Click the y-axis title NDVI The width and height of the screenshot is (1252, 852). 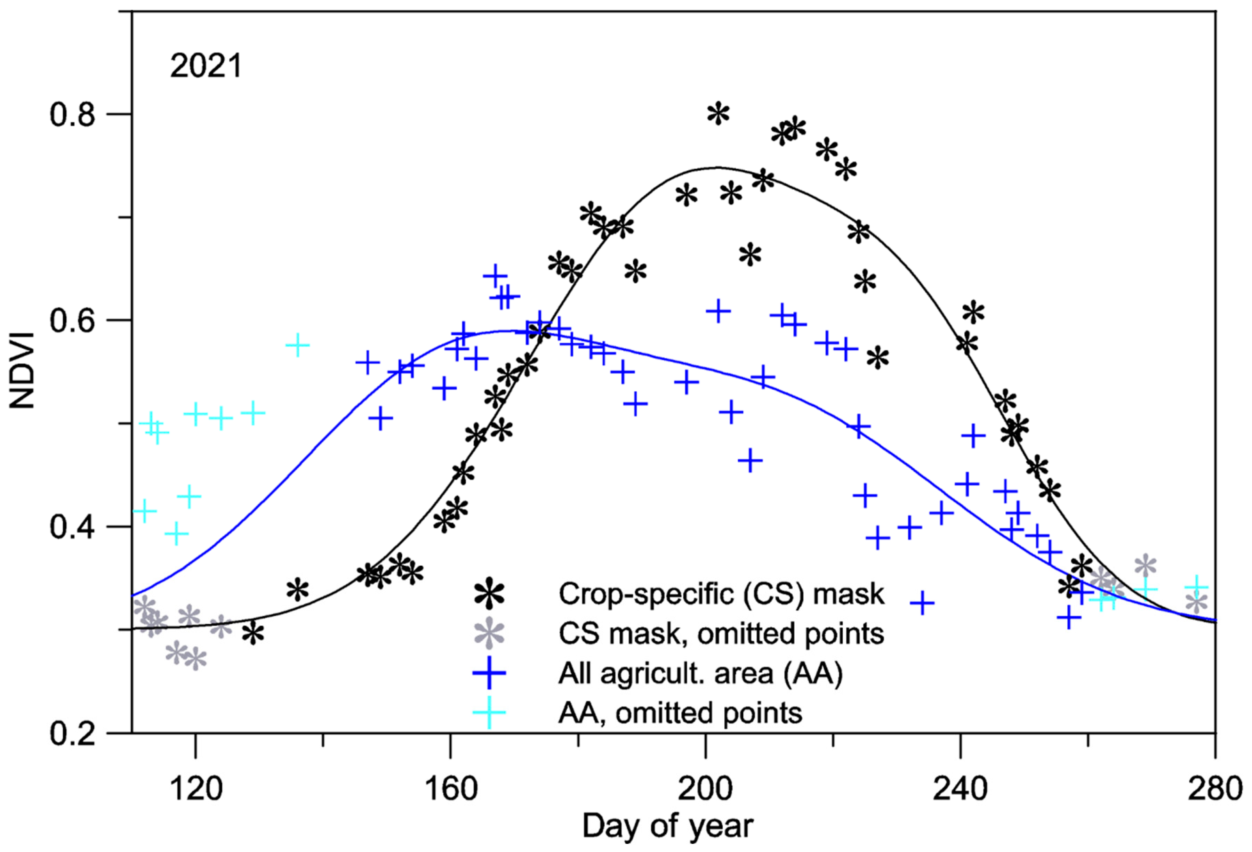pos(23,371)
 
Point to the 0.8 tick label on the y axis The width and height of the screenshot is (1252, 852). pos(73,114)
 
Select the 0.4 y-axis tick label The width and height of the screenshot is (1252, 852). pos(73,527)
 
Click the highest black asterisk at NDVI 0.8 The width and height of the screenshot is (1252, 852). pos(718,114)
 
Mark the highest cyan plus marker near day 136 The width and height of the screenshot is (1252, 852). pos(297,345)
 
